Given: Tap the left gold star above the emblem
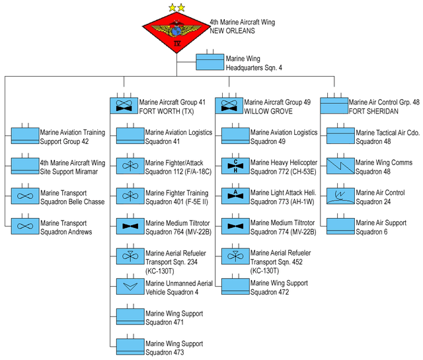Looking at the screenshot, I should [172, 7].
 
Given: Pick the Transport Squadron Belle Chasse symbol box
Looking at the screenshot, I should [25, 197].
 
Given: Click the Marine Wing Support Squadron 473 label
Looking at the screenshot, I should [174, 347].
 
